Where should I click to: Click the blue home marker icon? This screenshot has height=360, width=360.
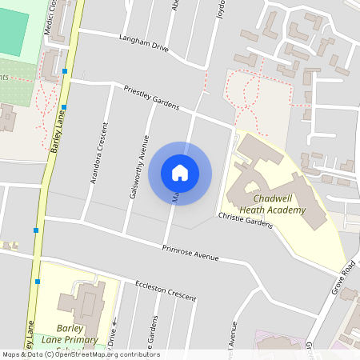point(180,172)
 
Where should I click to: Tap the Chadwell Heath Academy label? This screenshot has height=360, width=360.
point(279,204)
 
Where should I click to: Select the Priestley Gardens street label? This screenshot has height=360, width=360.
point(150,100)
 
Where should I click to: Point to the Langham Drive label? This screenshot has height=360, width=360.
point(144,43)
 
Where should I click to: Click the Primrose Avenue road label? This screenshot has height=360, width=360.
point(190,252)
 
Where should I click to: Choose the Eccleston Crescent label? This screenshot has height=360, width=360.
point(166,290)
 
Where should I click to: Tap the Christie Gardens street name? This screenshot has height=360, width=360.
point(246,221)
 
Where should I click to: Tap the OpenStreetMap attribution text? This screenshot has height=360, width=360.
point(80,354)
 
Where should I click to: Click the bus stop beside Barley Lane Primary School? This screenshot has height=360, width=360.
point(38,282)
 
